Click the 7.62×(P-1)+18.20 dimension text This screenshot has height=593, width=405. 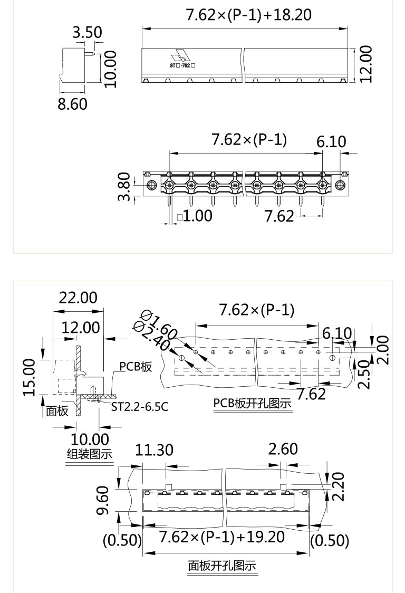[x=248, y=15]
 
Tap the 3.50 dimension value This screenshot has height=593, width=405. [x=88, y=33]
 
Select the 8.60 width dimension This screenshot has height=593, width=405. [x=72, y=104]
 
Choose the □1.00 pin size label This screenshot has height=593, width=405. [x=195, y=216]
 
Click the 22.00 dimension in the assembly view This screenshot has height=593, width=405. [x=78, y=298]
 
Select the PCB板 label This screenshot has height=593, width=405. [x=135, y=367]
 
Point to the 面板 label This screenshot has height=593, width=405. [x=57, y=410]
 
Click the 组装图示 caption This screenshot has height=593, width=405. [x=89, y=454]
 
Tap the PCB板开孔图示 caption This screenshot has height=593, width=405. [x=253, y=404]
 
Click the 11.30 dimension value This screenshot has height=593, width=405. [x=154, y=450]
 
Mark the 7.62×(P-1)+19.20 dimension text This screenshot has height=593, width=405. [x=221, y=538]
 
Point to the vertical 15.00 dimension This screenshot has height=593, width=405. [x=30, y=377]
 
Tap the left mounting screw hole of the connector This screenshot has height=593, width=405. [x=151, y=185]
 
